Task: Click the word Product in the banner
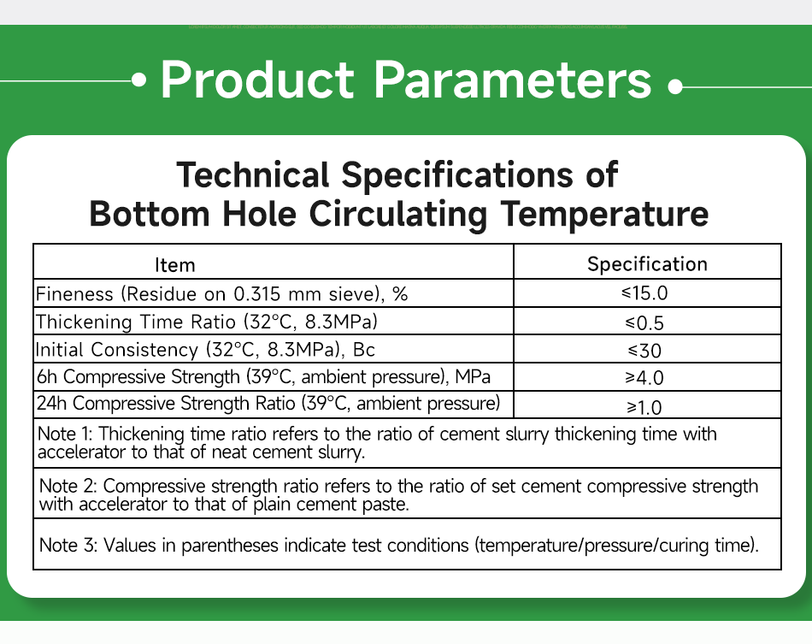coord(256,80)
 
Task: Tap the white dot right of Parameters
coord(675,86)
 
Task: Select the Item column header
coord(174,265)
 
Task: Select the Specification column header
coord(647,264)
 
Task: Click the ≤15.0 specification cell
coord(647,293)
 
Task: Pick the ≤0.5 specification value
coord(647,322)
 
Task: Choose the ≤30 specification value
coord(647,350)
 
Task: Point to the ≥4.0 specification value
coord(647,377)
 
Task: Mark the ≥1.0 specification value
coord(647,405)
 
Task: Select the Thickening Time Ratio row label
coord(206,322)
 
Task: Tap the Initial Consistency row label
coord(205,349)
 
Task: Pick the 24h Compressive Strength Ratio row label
coord(268,403)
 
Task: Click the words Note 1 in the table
coord(65,434)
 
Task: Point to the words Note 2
coord(67,486)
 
